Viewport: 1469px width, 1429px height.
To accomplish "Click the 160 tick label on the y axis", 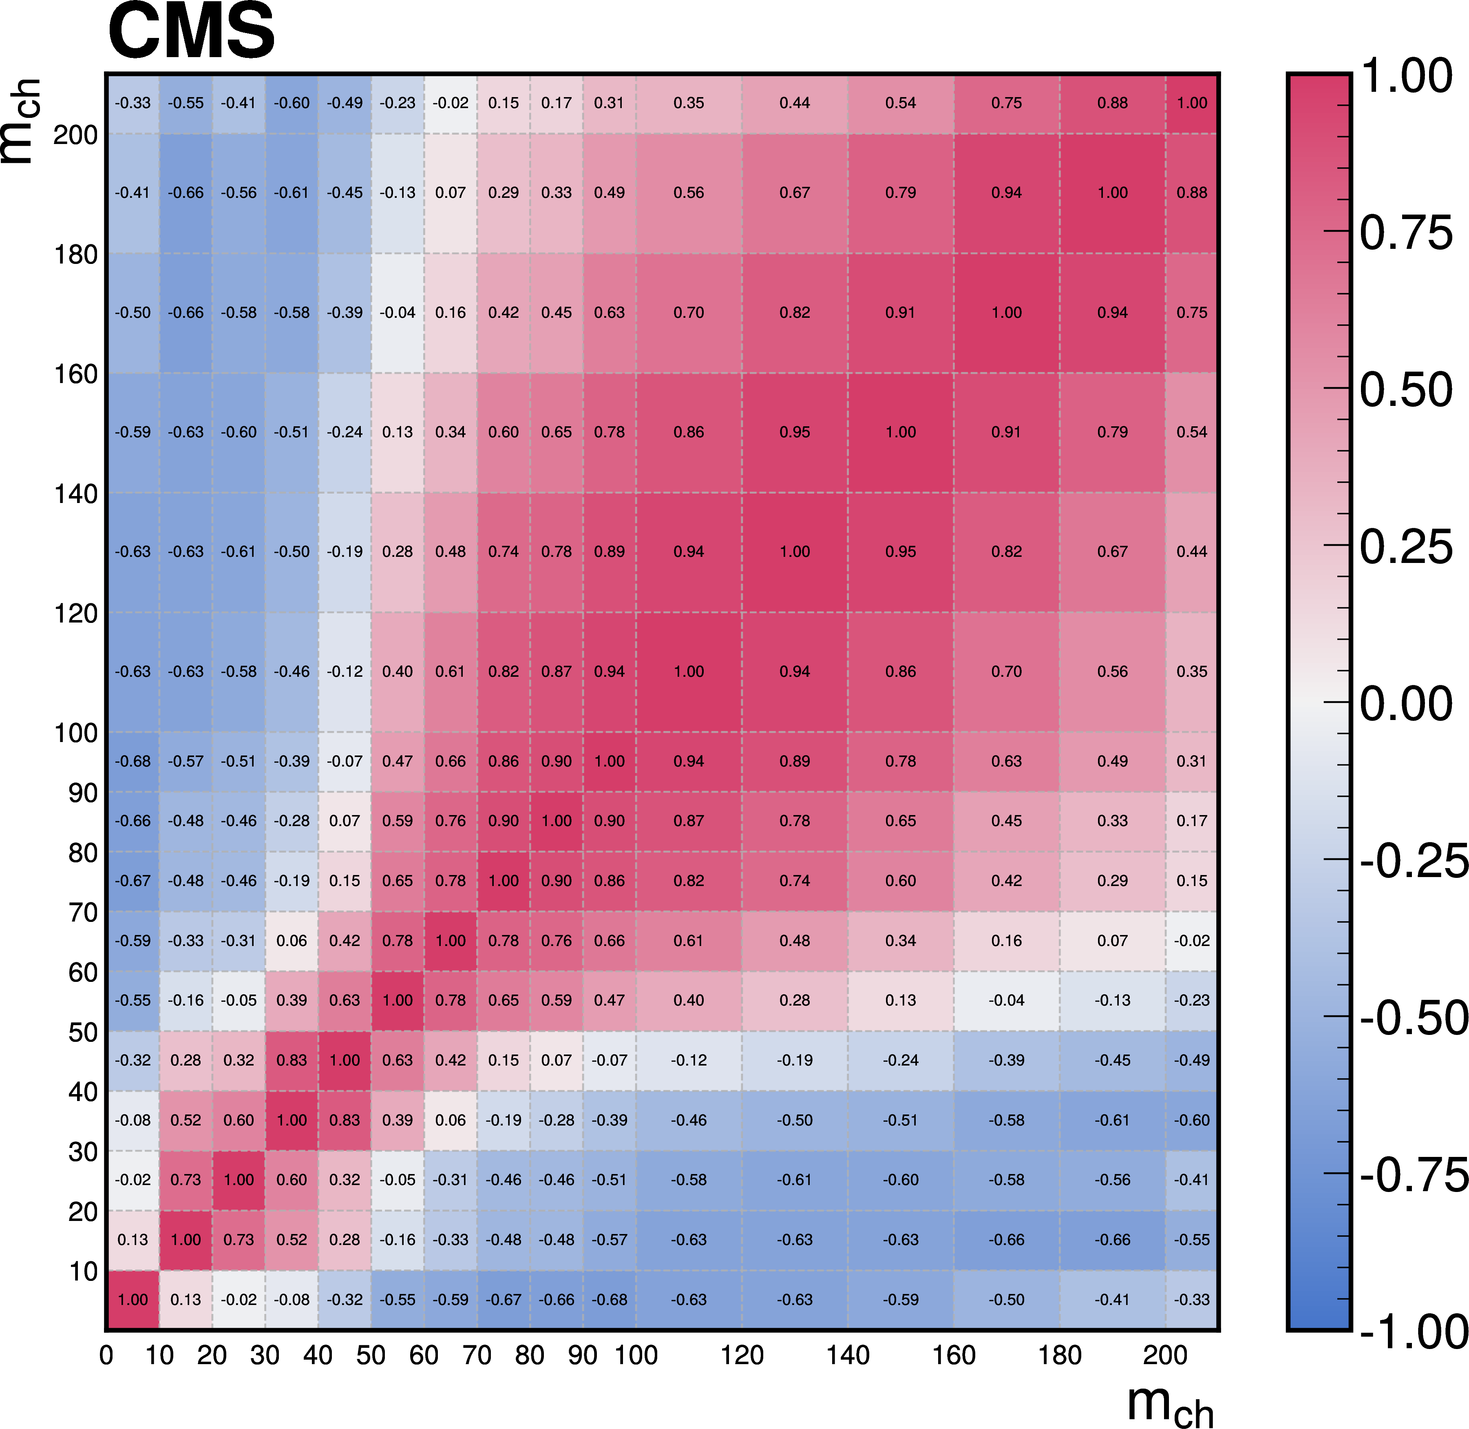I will [76, 374].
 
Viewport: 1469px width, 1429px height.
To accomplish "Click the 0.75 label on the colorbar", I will [1406, 233].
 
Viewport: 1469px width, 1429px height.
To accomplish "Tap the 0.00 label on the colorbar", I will [1406, 704].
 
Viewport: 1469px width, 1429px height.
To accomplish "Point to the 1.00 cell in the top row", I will [1191, 103].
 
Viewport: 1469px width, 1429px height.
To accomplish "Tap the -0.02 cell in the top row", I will [450, 103].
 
